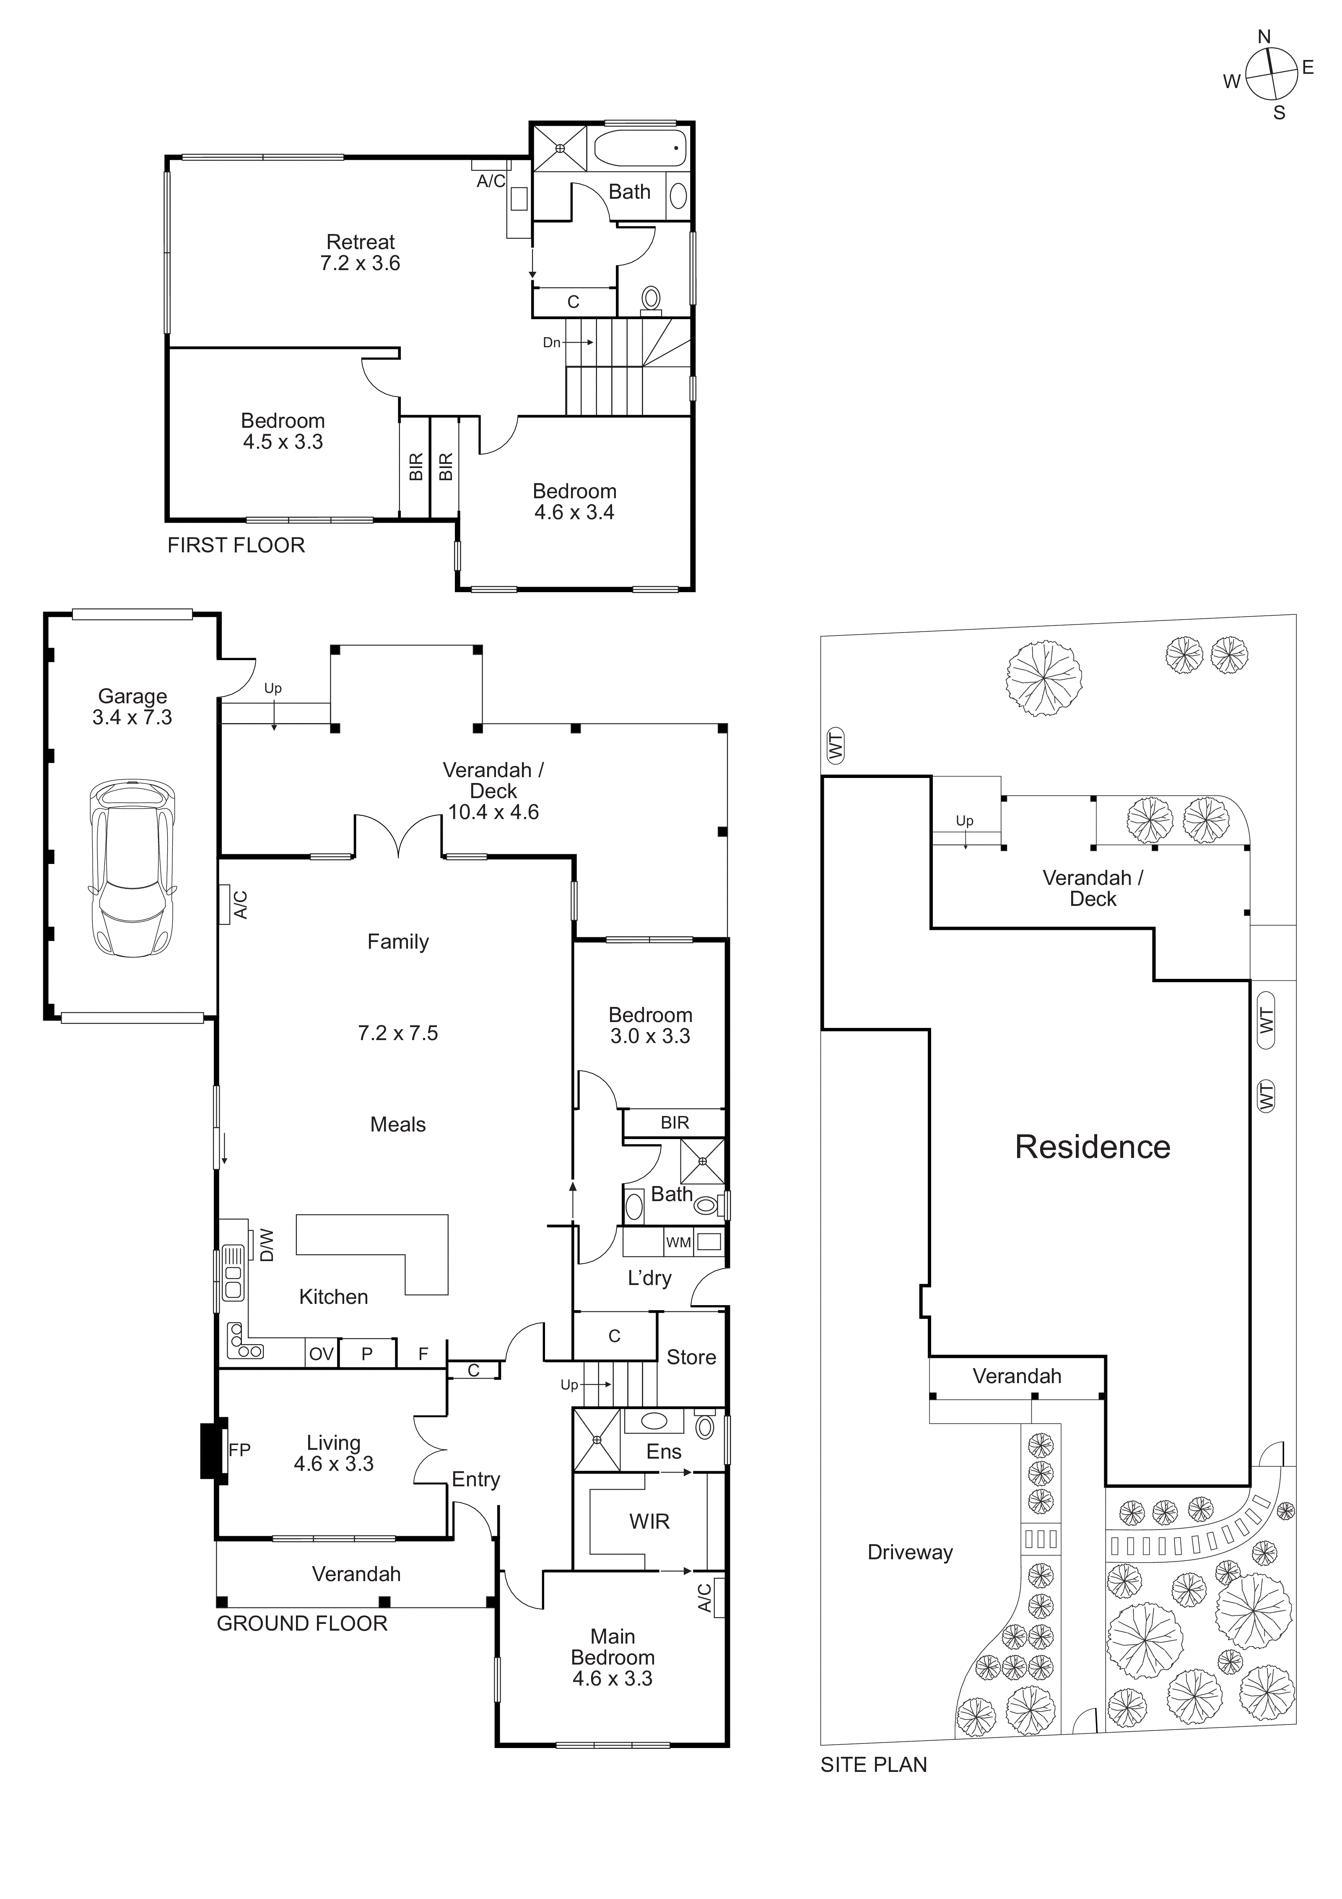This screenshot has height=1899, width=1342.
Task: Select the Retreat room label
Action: coord(361,242)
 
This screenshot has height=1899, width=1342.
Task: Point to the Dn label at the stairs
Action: coord(552,342)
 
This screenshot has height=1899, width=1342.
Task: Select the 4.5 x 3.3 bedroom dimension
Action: coord(283,442)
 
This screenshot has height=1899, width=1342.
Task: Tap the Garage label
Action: coord(132,697)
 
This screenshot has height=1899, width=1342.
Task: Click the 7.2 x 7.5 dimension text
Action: coord(398,1033)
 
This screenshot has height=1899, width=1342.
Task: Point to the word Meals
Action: coord(398,1125)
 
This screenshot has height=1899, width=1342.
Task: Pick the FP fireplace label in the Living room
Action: coord(239,1449)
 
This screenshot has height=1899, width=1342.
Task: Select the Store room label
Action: coord(691,1357)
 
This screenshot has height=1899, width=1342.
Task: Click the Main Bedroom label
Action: coord(613,1647)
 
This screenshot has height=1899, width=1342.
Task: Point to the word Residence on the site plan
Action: coord(1092,1147)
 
